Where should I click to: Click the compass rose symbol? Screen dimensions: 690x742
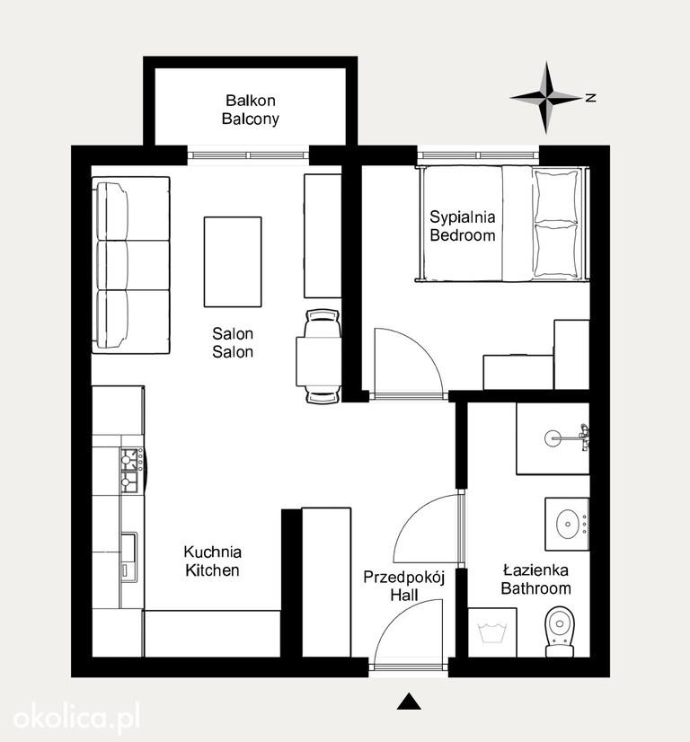pos(546,98)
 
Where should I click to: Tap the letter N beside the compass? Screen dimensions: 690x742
pos(590,98)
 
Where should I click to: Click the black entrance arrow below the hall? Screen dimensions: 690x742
pos(409,702)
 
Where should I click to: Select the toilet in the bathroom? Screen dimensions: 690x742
pos(560,632)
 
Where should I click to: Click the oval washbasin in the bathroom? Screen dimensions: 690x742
pos(567,524)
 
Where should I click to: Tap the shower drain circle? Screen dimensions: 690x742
pos(553,438)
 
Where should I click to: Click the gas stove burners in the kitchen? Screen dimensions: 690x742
pos(129,471)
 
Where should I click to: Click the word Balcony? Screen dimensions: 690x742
pos(251,119)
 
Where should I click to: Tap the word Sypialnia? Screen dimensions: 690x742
pos(463,217)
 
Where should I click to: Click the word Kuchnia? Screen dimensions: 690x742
pos(213,552)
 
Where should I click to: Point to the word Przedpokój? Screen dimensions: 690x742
pos(404,578)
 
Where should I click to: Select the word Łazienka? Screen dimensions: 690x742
pos(535,570)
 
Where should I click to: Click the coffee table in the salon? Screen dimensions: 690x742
pos(233,261)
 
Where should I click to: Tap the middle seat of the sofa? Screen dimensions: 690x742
pos(131,266)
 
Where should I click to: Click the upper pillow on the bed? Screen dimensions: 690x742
pos(556,196)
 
